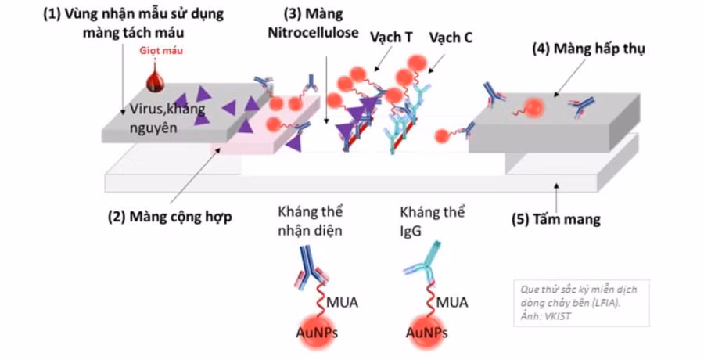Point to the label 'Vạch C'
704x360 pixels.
tap(450, 38)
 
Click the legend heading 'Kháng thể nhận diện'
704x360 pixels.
tap(311, 221)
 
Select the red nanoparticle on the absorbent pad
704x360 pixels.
tap(535, 107)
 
